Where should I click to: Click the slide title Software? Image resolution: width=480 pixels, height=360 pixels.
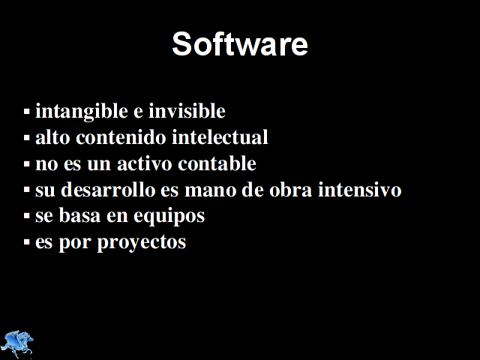pyautogui.click(x=240, y=43)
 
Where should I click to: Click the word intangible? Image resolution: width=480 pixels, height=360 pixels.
pyautogui.click(x=82, y=112)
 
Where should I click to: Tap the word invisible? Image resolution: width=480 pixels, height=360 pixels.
pyautogui.click(x=187, y=110)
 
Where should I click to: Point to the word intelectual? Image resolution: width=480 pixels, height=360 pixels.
pyautogui.click(x=220, y=136)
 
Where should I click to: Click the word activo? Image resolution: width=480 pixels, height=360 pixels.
pyautogui.click(x=145, y=163)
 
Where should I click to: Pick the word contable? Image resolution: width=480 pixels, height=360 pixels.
pyautogui.click(x=217, y=163)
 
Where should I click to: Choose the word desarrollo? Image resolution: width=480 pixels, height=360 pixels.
pyautogui.click(x=108, y=190)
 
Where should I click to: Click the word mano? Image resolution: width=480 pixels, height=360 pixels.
pyautogui.click(x=210, y=190)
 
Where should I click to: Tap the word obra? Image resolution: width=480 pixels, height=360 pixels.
pyautogui.click(x=290, y=190)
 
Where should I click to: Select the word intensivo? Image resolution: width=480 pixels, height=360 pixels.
pyautogui.click(x=360, y=190)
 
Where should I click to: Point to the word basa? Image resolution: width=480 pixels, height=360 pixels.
pyautogui.click(x=79, y=215)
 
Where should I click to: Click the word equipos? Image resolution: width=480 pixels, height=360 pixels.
pyautogui.click(x=169, y=217)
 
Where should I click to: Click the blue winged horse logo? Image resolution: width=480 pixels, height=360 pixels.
pyautogui.click(x=17, y=343)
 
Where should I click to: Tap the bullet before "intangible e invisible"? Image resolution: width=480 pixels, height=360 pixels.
pyautogui.click(x=27, y=112)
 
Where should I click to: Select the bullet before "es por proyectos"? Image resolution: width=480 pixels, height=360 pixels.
pyautogui.click(x=27, y=242)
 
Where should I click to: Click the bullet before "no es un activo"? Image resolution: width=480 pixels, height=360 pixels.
pyautogui.click(x=27, y=164)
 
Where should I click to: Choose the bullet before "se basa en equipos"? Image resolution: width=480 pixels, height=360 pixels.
pyautogui.click(x=27, y=217)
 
